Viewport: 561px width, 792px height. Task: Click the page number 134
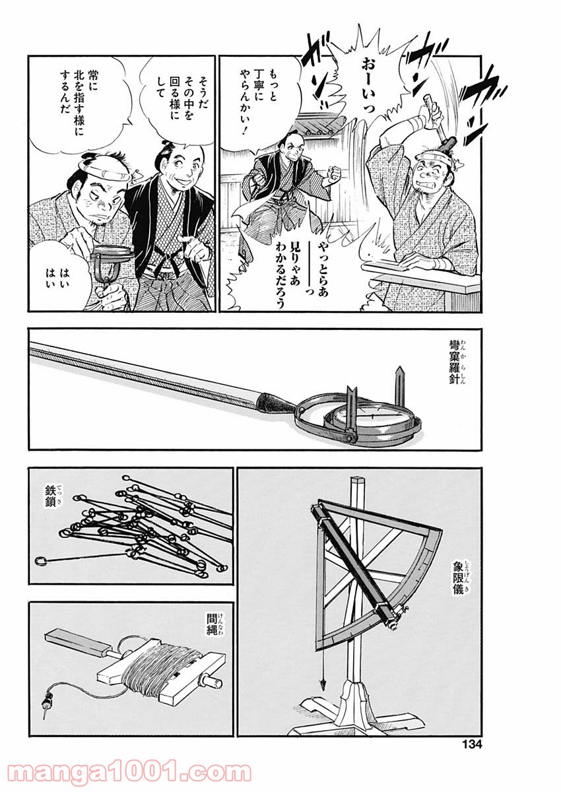pos(472,742)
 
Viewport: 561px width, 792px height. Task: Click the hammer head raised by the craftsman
pos(447,144)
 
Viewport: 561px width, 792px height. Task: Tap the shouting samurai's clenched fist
pos(334,174)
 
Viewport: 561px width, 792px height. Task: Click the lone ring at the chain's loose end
pos(41,561)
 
